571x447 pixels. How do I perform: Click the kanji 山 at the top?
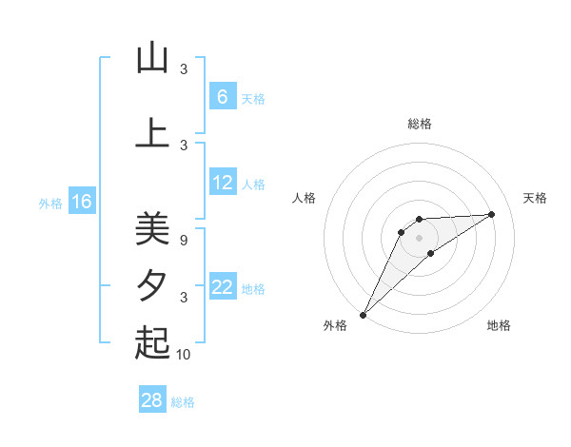(152, 59)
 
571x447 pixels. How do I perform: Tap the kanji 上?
(152, 133)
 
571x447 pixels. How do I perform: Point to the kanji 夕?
(152, 285)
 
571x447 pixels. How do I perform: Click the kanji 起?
(152, 342)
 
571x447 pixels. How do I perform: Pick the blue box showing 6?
(222, 96)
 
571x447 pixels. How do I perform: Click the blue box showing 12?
(223, 183)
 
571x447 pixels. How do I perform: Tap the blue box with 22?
(223, 287)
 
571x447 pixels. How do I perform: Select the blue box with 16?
(82, 201)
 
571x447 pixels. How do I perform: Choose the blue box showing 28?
(151, 400)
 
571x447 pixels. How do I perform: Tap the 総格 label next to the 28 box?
(183, 402)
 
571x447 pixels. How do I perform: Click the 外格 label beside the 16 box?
(50, 203)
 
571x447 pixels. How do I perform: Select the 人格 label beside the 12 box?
(253, 185)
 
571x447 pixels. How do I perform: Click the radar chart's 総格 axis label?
(419, 124)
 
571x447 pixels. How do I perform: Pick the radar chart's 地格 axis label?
(499, 326)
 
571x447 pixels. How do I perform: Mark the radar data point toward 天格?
(492, 214)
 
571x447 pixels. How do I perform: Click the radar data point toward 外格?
(363, 314)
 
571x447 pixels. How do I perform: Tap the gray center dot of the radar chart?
(419, 237)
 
